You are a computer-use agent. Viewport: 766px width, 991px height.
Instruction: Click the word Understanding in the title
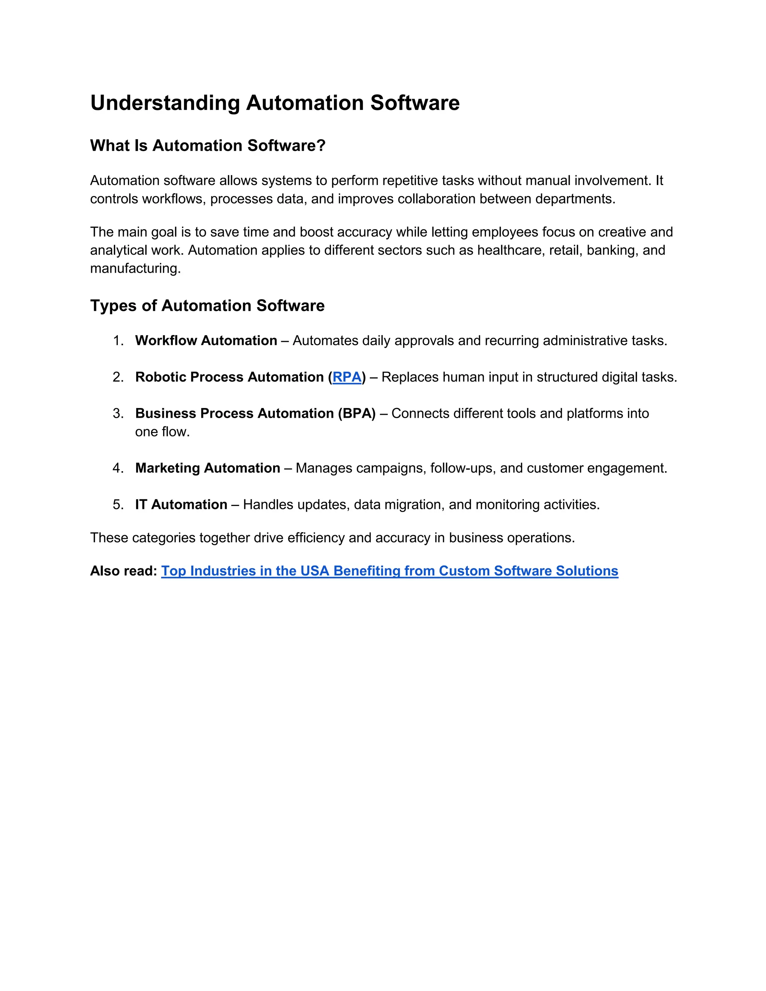[x=165, y=103]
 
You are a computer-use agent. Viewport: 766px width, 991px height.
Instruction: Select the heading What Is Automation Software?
[x=208, y=145]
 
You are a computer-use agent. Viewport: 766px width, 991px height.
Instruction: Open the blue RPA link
[x=347, y=377]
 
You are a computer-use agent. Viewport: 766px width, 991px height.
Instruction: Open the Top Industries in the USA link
[x=389, y=571]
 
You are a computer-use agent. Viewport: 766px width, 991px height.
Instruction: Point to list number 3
[x=118, y=413]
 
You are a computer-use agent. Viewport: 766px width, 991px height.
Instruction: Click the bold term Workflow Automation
[x=206, y=340]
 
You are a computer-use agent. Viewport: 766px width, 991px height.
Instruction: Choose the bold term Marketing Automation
[x=207, y=468]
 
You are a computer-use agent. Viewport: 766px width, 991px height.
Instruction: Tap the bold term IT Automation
[x=181, y=504]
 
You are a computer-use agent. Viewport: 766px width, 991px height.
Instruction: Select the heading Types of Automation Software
[x=207, y=306]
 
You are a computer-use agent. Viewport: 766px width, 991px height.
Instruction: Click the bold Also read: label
[x=123, y=571]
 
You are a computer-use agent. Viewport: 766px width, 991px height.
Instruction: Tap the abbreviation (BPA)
[x=357, y=413]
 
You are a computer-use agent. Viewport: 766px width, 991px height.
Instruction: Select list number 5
[x=118, y=504]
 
